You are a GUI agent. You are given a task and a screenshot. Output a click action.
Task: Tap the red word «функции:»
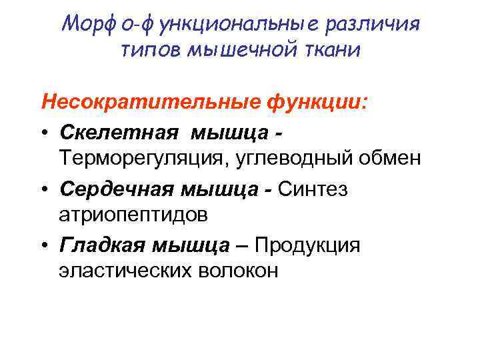(317, 103)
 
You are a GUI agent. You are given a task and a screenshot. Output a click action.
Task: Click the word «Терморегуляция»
(134, 159)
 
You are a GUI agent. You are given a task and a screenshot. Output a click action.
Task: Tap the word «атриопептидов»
(133, 216)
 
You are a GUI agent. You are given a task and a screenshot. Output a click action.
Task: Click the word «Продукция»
(311, 245)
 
